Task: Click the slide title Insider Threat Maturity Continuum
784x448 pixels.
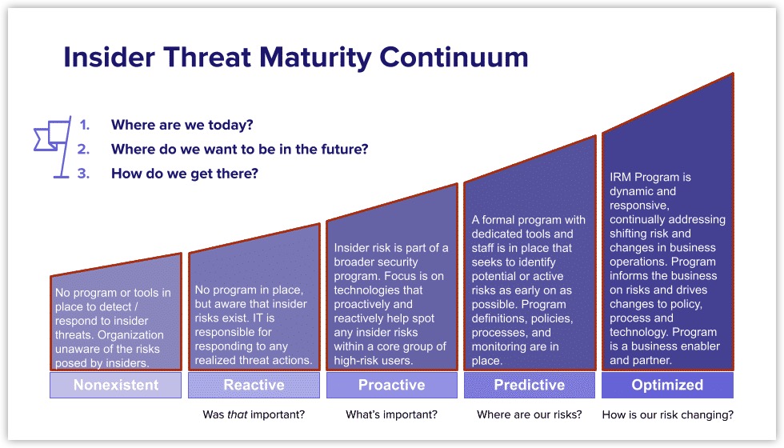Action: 295,58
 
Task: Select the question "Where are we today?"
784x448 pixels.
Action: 182,125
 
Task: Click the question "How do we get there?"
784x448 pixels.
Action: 185,173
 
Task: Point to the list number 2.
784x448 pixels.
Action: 83,149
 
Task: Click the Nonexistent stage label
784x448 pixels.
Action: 116,385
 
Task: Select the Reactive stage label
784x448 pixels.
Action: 254,385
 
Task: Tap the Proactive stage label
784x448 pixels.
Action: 391,385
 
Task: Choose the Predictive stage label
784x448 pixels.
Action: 529,385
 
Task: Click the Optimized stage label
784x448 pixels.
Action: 667,385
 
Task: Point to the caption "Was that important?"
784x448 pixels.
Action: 254,414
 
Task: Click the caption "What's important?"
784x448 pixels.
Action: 391,414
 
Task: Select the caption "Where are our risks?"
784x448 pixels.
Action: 529,414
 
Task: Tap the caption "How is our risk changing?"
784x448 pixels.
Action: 667,414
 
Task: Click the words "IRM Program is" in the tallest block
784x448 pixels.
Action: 650,177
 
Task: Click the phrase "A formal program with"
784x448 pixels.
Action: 528,220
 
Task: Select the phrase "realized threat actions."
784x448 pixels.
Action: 254,360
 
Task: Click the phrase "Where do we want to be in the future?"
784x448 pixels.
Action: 239,149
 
